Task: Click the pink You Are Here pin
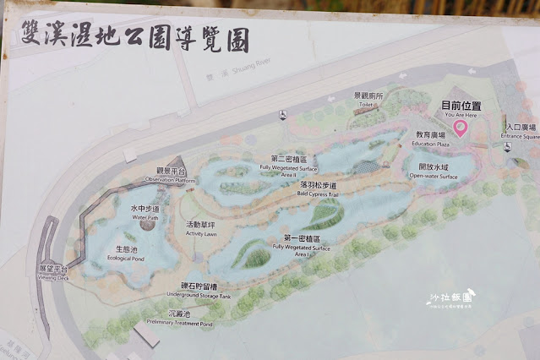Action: pyautogui.click(x=460, y=127)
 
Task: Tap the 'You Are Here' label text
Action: pyautogui.click(x=461, y=115)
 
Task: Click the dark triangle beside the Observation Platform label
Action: pyautogui.click(x=178, y=165)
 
